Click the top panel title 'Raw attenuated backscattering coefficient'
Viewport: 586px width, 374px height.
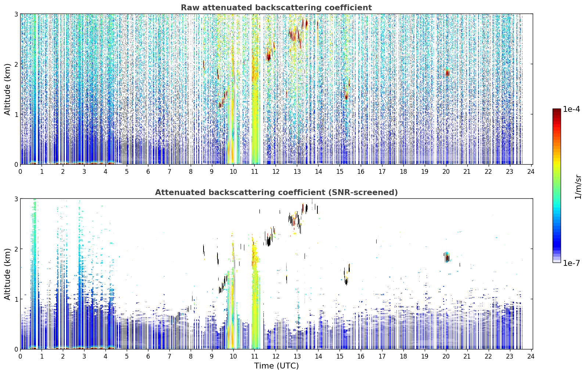[276, 8]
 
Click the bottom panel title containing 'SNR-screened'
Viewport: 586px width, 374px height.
[276, 192]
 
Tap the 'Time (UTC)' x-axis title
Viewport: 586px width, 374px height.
[276, 366]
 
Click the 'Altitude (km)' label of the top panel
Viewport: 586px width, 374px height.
[7, 89]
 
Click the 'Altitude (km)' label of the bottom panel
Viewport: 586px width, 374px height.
[7, 274]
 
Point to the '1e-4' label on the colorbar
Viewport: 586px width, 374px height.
[571, 109]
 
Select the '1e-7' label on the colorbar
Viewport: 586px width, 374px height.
[571, 263]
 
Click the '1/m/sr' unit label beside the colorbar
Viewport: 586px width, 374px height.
[578, 187]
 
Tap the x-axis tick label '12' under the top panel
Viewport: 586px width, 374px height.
[276, 172]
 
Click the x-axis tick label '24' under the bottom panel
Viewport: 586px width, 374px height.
[531, 356]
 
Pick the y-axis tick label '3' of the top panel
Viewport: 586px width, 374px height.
[16, 14]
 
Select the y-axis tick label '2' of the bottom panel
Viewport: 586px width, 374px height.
[16, 249]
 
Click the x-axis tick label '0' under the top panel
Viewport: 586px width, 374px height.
[21, 172]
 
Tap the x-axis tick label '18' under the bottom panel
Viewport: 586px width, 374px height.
[403, 356]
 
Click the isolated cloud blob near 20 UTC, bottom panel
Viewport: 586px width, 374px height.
[447, 257]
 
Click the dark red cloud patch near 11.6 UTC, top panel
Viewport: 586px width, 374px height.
[269, 55]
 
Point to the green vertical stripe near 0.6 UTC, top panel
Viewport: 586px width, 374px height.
[35, 89]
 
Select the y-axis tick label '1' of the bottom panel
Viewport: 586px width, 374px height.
[16, 299]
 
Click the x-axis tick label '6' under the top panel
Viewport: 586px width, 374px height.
[148, 172]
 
